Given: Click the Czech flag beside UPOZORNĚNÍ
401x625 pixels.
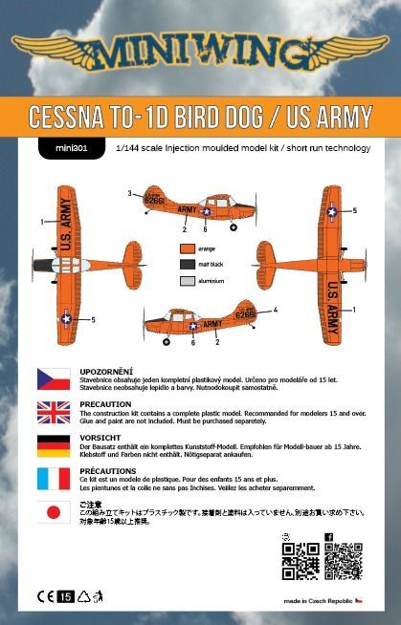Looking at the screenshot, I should [x=54, y=378].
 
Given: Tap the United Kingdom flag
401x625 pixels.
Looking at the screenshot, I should [x=54, y=412].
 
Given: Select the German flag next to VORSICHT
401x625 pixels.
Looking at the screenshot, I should [x=54, y=446].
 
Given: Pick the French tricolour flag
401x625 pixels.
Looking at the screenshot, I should [x=54, y=480].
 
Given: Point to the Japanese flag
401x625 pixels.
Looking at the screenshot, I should [x=54, y=513].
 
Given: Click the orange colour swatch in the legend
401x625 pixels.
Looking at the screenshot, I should [x=187, y=248].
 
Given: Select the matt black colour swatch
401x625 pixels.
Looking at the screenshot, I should [x=187, y=264].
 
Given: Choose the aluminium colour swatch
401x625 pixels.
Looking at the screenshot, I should [x=187, y=281].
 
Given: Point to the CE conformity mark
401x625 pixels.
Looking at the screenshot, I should [x=45, y=596].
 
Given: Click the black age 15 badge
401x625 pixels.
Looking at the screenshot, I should [x=66, y=596].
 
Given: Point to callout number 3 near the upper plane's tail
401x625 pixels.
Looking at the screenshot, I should [x=128, y=194].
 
